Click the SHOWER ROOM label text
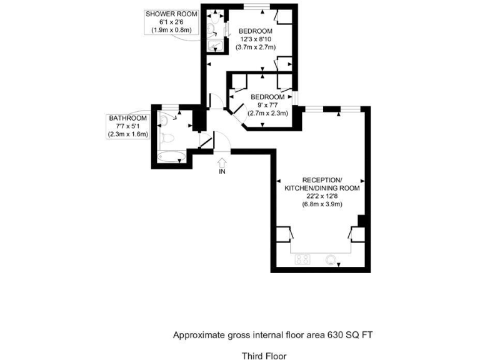[171, 14]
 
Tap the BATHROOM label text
[127, 118]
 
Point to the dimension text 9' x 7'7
[267, 105]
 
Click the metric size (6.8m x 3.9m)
[322, 204]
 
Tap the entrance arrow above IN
[222, 162]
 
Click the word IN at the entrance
[222, 172]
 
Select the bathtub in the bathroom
[167, 157]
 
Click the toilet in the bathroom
[166, 137]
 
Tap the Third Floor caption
[264, 356]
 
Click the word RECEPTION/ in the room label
[322, 180]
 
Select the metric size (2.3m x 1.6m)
[127, 134]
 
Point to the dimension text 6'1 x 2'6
[171, 22]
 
